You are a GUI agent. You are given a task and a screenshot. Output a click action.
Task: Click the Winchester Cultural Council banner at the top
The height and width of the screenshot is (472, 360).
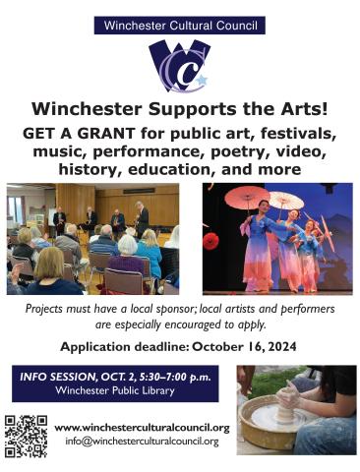pos(179,26)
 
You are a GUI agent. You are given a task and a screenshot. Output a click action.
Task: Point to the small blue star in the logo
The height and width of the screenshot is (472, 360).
pos(202,80)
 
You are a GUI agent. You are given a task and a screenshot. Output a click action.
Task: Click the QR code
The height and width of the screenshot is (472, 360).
pos(27,435)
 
